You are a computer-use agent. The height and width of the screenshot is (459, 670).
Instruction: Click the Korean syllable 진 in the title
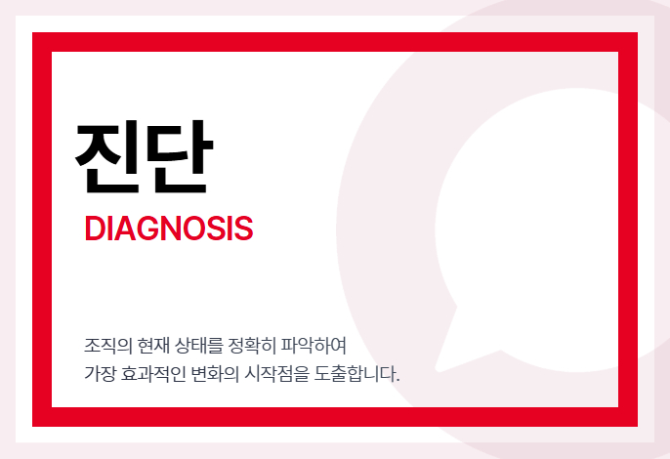pos(107,157)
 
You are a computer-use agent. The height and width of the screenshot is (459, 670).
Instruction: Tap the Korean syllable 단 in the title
pos(179,157)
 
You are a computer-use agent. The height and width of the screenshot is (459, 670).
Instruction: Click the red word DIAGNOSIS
pos(169,229)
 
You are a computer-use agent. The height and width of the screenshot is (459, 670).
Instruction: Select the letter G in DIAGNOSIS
pos(149,229)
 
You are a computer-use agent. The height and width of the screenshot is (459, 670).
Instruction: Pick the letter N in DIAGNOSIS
pos(176,229)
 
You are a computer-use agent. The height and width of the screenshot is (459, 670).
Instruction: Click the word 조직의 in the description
pos(108,346)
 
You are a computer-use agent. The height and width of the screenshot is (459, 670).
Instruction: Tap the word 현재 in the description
pos(153,346)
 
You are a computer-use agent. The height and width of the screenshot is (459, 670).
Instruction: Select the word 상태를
pos(199,346)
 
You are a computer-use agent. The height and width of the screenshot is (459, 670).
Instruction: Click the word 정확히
pos(252,346)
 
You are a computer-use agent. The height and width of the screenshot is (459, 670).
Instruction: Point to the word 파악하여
pos(314,346)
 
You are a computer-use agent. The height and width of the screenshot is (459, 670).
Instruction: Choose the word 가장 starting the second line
pos(100,373)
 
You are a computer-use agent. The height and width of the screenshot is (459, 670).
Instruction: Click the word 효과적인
pos(153,373)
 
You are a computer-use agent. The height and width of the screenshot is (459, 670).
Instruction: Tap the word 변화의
pos(215,373)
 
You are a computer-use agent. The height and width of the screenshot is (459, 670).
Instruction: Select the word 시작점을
pos(276,373)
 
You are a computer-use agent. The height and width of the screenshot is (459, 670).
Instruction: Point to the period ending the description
pos(398,380)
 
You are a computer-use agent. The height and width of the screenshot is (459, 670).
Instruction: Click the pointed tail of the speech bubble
pos(438,369)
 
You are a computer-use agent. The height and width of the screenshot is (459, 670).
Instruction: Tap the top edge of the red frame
pos(335,42)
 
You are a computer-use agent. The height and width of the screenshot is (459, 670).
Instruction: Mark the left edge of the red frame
pos(42,229)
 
